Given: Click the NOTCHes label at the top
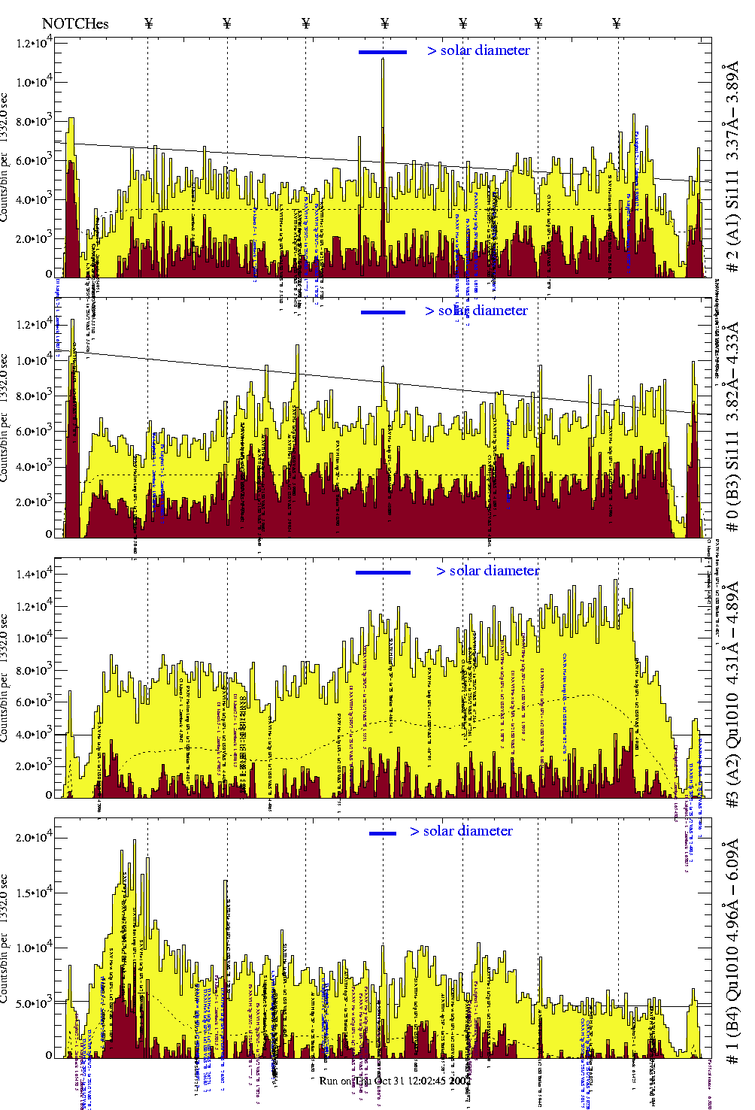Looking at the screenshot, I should [75, 23].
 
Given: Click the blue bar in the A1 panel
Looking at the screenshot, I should [382, 52].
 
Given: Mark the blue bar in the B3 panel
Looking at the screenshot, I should [383, 312].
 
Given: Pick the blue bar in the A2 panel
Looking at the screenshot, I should [383, 572].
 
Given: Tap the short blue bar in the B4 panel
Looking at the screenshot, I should [383, 833].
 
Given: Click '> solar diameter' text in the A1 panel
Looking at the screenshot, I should [478, 50].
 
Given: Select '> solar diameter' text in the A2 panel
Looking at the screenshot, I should [487, 571].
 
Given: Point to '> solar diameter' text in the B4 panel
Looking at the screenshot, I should [461, 831].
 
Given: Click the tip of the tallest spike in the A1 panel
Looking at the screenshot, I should [383, 59].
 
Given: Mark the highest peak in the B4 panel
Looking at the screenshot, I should [135, 840].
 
